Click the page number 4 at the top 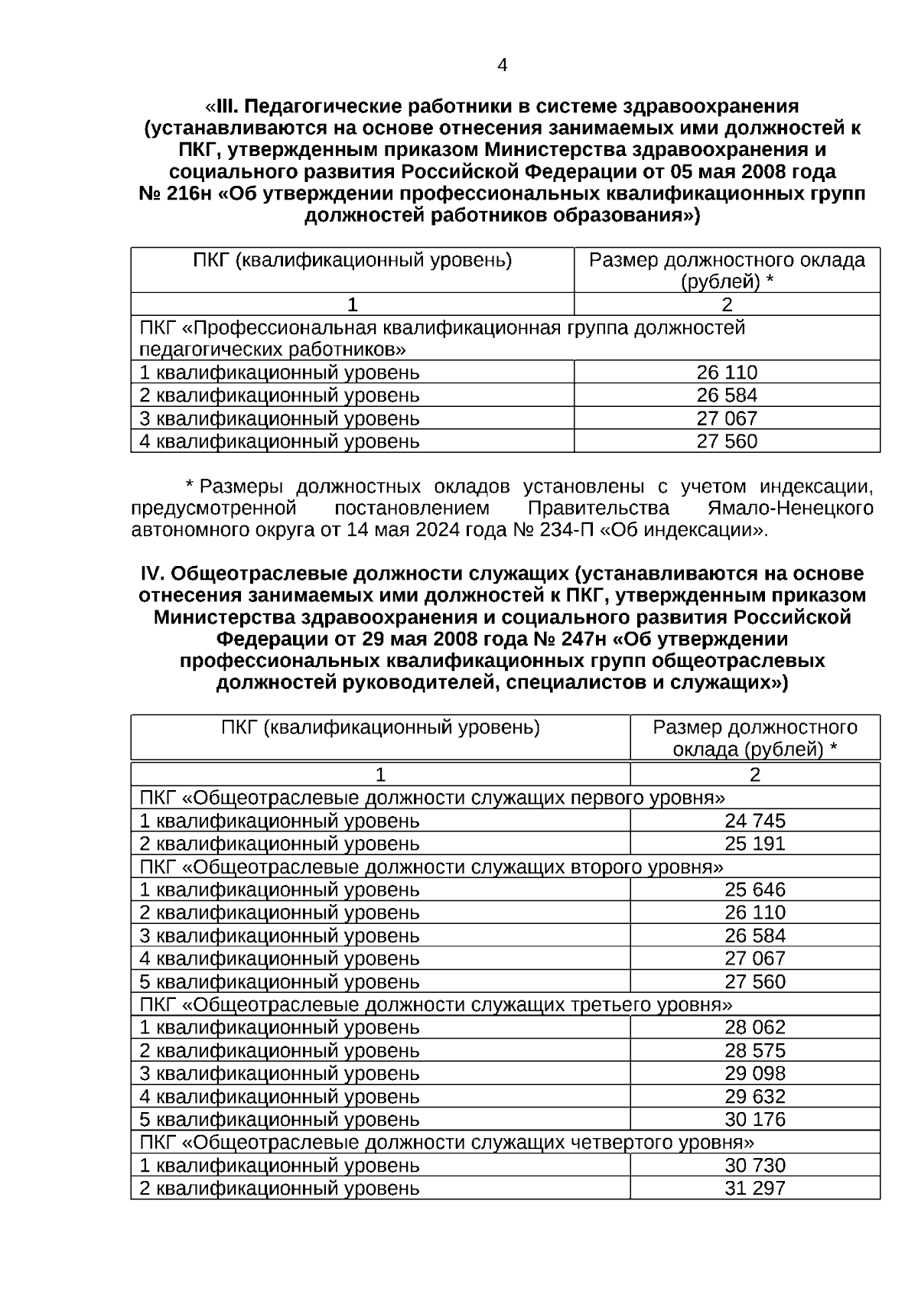pos(502,66)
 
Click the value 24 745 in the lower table pos(754,821)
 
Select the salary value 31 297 pos(754,1188)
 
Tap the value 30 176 pos(754,1119)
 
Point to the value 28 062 pos(754,1027)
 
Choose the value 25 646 pos(754,890)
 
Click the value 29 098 pos(754,1073)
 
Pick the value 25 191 pos(754,844)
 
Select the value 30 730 pos(754,1165)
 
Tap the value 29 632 pos(754,1096)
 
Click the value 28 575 pos(754,1050)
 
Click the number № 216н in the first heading pos(174,194)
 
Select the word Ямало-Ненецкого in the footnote pos(786,509)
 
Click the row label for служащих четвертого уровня pos(447,1142)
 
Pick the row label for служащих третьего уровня pos(436,1004)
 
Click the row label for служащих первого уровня pos(432,798)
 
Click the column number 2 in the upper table pos(727,304)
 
